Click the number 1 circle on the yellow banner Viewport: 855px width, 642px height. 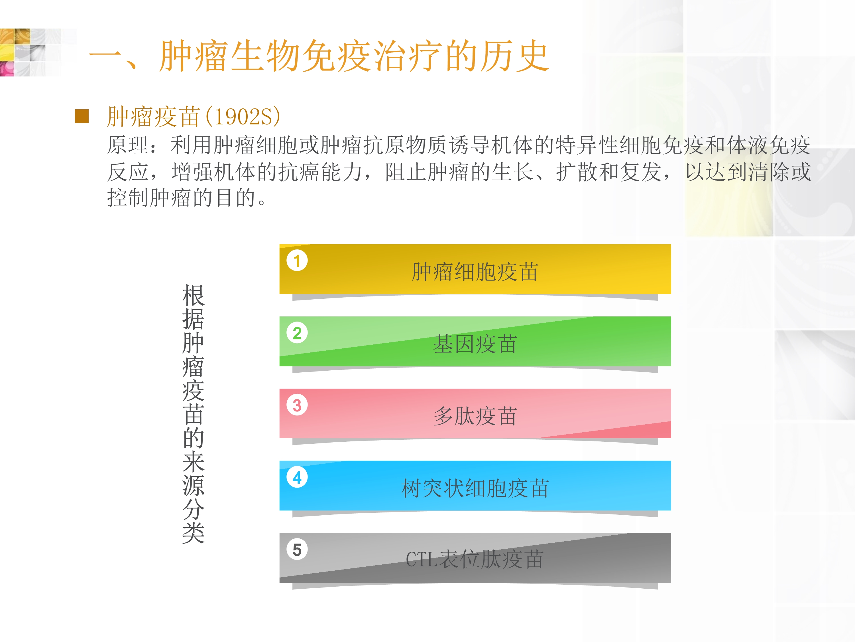point(297,261)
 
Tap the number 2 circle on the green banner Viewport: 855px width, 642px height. point(297,333)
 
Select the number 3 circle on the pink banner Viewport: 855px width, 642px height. point(297,405)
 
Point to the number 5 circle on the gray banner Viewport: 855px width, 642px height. point(297,550)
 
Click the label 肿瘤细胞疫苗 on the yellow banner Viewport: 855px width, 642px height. point(475,272)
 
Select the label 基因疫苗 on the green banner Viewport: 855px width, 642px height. point(475,344)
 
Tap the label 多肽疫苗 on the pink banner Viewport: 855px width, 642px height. point(475,416)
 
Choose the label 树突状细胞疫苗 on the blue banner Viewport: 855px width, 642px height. point(475,488)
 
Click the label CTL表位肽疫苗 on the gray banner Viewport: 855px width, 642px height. point(475,560)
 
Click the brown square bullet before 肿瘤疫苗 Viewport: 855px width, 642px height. point(82,116)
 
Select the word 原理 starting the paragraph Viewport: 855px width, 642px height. point(128,146)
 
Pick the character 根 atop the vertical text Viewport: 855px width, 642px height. point(193,295)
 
